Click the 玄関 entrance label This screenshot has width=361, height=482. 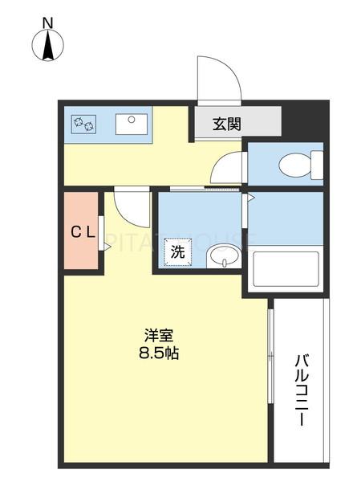227,124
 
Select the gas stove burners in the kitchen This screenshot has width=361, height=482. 84,124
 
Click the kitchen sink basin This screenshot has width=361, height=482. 129,123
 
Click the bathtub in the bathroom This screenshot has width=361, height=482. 286,269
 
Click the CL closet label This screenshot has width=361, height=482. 82,233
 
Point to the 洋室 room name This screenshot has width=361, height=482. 159,334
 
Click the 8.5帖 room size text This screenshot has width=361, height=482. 159,353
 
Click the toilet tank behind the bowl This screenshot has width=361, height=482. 317,165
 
